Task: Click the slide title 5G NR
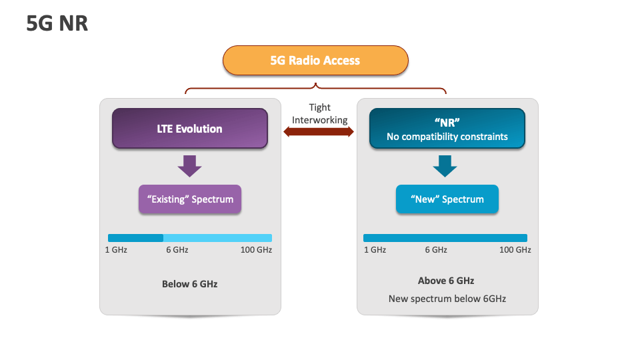click(57, 23)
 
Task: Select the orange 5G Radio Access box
click(315, 61)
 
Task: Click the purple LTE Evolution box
click(190, 129)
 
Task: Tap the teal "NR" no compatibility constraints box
click(447, 129)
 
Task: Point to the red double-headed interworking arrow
click(319, 132)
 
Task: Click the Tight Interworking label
click(319, 113)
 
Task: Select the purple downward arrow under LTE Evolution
click(190, 166)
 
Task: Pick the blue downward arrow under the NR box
click(445, 166)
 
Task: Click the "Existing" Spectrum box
click(190, 199)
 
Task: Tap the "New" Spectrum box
click(447, 199)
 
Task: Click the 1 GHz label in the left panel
click(116, 250)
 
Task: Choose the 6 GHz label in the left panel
click(177, 250)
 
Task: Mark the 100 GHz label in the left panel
click(256, 250)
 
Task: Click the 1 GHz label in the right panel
click(375, 250)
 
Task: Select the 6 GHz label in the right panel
click(436, 250)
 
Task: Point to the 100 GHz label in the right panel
click(515, 250)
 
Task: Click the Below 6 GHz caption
click(190, 284)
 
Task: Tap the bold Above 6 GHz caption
click(446, 281)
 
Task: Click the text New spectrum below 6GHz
click(447, 299)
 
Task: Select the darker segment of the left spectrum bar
click(135, 238)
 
